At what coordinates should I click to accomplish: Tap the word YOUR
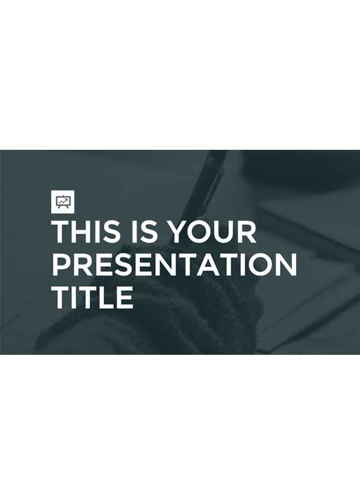coord(212,231)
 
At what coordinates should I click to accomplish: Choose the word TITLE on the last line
coord(92,296)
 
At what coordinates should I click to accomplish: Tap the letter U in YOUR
coord(224,231)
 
